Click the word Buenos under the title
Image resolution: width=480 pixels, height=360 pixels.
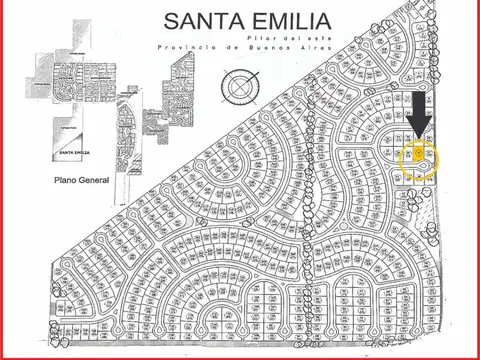click(x=257, y=47)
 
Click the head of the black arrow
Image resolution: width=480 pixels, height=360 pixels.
click(x=419, y=127)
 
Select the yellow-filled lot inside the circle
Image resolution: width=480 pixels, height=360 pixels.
click(x=418, y=155)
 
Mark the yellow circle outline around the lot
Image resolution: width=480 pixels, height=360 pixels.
click(x=401, y=158)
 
